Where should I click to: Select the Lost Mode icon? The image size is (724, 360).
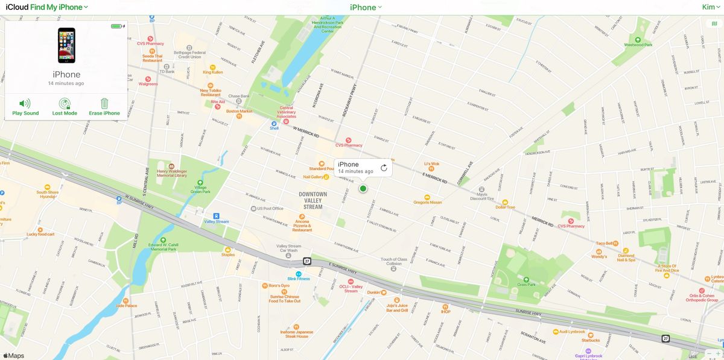click(65, 104)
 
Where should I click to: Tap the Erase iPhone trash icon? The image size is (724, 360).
click(104, 104)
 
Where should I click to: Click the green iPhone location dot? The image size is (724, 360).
click(363, 189)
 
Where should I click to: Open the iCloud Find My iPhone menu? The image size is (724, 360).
click(47, 7)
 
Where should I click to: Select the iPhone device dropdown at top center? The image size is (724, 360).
click(366, 7)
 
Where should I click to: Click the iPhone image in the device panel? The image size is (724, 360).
click(66, 45)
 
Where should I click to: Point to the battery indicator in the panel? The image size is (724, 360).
click(117, 26)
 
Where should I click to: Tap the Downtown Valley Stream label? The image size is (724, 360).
click(313, 201)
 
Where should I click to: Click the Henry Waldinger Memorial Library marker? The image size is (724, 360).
click(171, 166)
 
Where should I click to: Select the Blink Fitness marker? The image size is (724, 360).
click(299, 274)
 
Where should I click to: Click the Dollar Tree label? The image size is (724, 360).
click(505, 207)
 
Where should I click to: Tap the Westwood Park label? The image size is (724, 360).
click(638, 45)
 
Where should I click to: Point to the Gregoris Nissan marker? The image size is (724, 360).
click(427, 197)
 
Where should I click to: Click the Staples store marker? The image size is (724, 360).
click(227, 250)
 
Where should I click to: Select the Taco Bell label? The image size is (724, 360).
click(605, 243)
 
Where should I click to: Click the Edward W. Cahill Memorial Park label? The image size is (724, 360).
click(163, 246)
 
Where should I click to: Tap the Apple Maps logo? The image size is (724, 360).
click(13, 356)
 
